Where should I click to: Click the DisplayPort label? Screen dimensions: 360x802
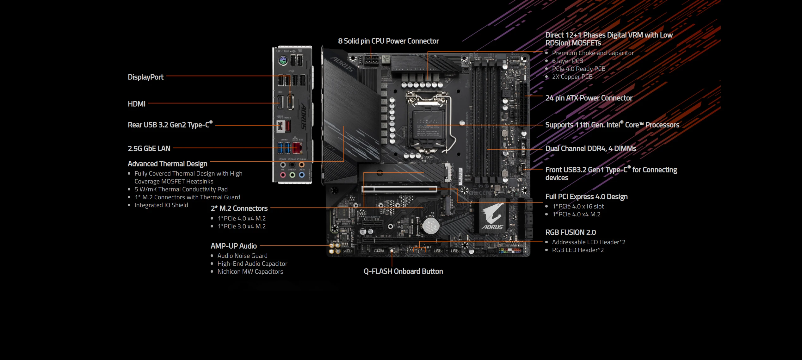(x=145, y=77)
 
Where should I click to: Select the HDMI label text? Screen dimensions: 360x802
(x=136, y=104)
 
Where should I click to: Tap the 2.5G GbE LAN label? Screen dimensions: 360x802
(x=149, y=149)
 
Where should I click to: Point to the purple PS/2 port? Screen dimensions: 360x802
(x=283, y=60)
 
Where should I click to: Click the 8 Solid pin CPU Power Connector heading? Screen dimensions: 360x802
(x=388, y=41)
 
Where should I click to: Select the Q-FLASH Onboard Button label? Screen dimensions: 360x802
(x=403, y=271)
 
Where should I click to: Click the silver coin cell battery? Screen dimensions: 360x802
(x=430, y=225)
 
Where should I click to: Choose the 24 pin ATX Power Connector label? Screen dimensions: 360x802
(x=589, y=98)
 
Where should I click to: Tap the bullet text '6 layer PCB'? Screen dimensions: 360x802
(x=567, y=61)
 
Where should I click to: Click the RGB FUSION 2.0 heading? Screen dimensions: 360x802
(x=570, y=233)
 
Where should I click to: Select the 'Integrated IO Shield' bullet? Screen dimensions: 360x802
(x=161, y=205)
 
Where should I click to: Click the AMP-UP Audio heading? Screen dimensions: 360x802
(x=233, y=246)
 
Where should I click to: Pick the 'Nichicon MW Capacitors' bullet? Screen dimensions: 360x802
(x=250, y=272)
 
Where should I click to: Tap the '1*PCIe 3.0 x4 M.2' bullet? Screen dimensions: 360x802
(x=241, y=227)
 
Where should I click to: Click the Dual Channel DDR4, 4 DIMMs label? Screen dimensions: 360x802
(x=590, y=149)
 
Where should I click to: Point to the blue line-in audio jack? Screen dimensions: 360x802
(x=302, y=175)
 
